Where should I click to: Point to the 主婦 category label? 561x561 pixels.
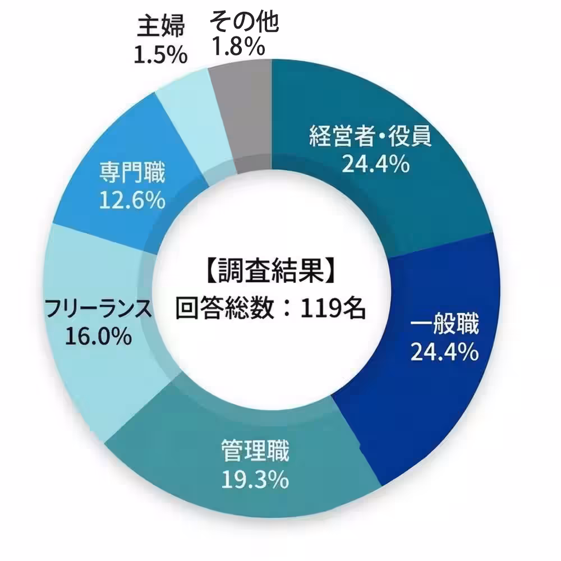(160, 26)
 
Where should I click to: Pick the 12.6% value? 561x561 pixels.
(132, 200)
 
